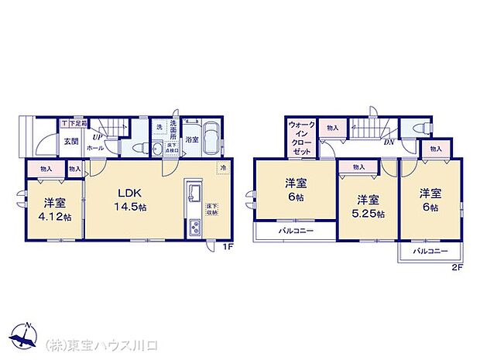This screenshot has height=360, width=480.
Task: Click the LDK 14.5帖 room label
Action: tap(130, 198)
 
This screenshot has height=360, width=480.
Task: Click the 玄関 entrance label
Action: tap(71, 140)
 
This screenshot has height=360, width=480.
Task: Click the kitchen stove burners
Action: tap(194, 227)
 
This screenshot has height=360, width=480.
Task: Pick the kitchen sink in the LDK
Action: tap(194, 194)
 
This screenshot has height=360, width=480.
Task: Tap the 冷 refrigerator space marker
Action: tap(222, 168)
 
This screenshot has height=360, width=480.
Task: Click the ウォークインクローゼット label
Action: tap(300, 137)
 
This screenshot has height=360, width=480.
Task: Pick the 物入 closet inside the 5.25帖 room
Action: tap(358, 167)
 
